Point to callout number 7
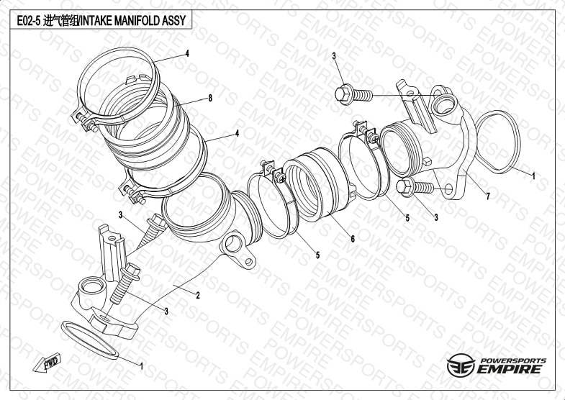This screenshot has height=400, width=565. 487,196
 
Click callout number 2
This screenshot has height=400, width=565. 196,295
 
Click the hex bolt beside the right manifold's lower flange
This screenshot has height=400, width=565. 413,188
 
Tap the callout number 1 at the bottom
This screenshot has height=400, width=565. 141,365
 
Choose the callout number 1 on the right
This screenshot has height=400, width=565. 533,176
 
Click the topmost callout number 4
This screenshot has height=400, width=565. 186,54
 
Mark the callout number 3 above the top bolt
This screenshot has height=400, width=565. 334,56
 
